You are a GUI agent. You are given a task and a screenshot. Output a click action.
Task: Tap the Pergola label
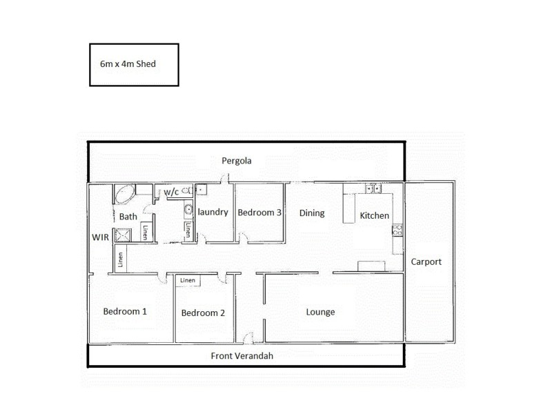pos(237,161)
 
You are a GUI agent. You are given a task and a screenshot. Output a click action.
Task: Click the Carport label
pos(426,262)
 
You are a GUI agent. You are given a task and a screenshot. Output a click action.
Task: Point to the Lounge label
pos(320,312)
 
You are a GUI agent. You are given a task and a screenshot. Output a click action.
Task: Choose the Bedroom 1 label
pos(125,311)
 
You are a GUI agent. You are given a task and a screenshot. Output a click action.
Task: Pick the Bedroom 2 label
pos(203,313)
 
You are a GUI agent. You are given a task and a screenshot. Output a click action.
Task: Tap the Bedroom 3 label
pos(259,213)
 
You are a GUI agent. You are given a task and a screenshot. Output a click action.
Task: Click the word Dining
pos(312,213)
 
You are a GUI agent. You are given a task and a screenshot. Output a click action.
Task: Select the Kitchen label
pos(375,216)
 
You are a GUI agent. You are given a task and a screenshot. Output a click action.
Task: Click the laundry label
pos(213,213)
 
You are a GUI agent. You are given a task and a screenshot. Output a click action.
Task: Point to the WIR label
pos(101,237)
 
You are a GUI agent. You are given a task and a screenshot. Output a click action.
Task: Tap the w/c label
pos(170,193)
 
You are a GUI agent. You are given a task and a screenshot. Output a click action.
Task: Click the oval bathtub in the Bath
pos(125,193)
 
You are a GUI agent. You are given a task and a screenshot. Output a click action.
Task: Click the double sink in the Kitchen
pos(373,188)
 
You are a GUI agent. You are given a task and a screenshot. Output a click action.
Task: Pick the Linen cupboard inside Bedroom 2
pos(188,281)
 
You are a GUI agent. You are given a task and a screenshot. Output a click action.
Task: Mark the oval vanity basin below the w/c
pos(188,210)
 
